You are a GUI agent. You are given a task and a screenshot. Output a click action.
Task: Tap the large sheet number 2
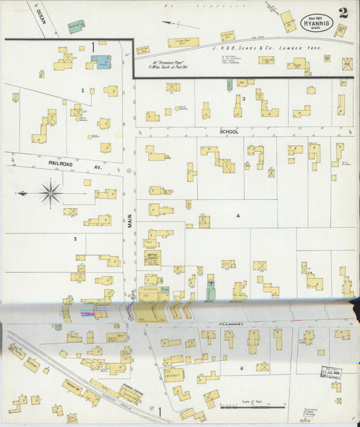[344, 13]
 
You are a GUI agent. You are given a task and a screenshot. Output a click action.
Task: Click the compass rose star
[51, 193]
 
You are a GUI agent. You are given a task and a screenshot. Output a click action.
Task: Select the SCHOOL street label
[229, 132]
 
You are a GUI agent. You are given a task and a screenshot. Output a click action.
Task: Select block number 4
[238, 216]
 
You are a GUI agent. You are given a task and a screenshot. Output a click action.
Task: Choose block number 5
[76, 238]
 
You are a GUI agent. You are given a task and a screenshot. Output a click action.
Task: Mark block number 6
[241, 368]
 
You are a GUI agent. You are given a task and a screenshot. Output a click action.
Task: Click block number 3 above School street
[243, 99]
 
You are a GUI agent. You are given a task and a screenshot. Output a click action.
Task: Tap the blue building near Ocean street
[102, 62]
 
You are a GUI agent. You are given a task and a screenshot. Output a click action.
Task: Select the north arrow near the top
[179, 24]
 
